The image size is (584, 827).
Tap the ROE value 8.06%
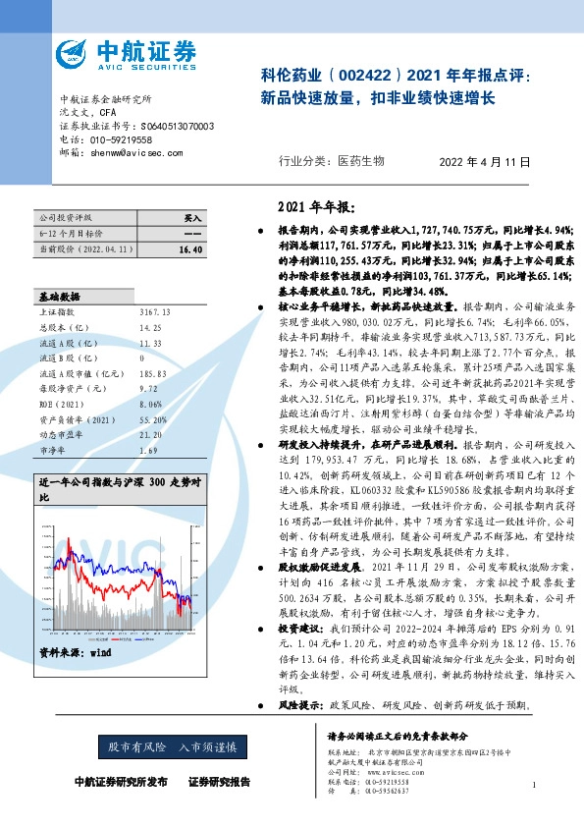(153, 404)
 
